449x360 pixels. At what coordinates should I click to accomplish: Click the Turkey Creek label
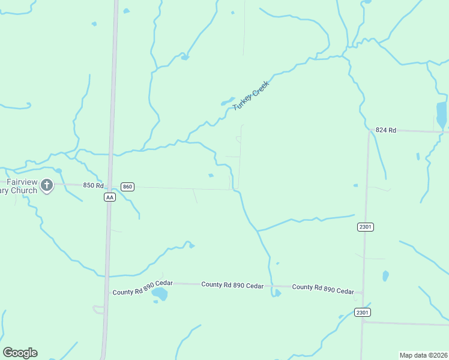pos(251,94)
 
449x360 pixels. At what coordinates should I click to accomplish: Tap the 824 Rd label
pos(386,130)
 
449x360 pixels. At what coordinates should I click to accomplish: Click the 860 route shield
pos(127,187)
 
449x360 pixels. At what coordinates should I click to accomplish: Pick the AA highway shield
pos(109,197)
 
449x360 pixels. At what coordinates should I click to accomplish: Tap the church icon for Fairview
pos(47,185)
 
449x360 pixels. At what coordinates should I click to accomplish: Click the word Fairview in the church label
pos(22,182)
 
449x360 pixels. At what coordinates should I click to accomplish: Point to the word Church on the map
pos(23,191)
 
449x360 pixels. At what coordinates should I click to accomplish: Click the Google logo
pos(20,352)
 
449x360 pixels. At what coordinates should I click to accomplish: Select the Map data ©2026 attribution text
pos(423,355)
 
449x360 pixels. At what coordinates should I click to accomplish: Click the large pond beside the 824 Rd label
pos(441,114)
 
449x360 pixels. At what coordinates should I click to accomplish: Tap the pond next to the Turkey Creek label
pos(228,101)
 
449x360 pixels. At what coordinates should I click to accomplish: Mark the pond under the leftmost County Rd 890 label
pos(160,294)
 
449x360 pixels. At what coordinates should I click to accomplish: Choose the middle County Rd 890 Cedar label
pos(232,286)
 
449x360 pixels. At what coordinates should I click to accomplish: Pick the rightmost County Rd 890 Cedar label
pos(323,289)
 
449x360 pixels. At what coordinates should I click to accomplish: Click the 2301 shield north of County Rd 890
pos(365,226)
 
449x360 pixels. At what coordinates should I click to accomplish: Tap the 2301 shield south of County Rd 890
pos(362,312)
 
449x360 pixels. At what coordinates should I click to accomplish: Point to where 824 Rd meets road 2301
pos(369,131)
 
